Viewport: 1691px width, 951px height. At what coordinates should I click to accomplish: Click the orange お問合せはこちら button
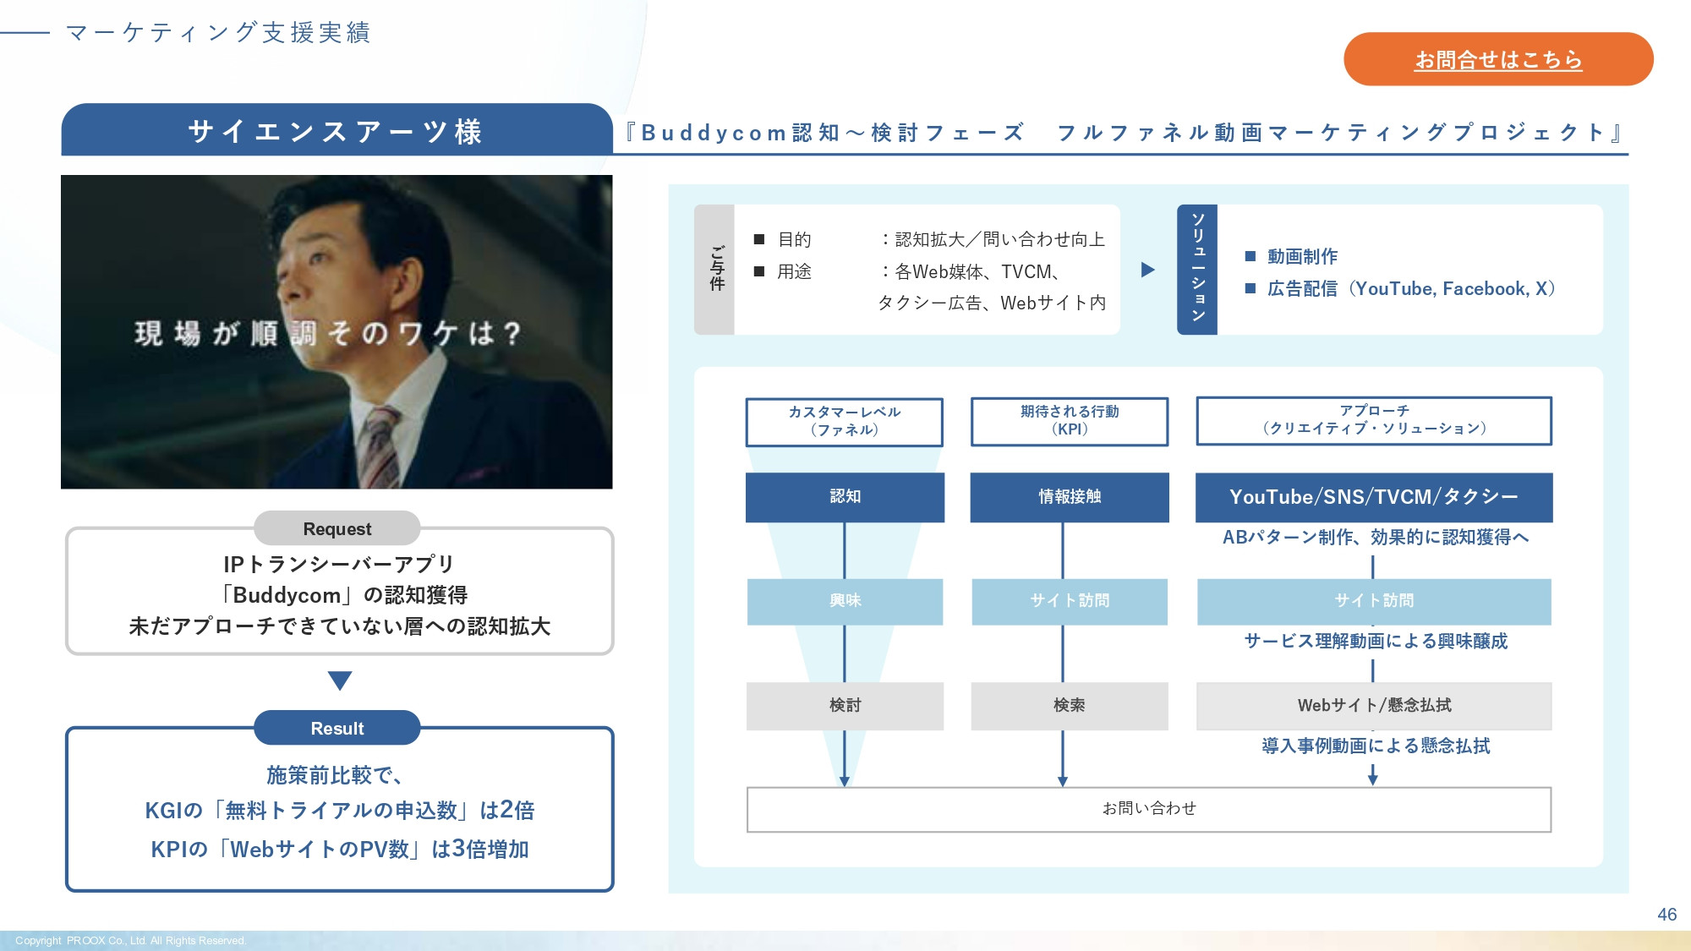pyautogui.click(x=1497, y=59)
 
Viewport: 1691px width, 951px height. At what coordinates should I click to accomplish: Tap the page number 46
pyautogui.click(x=1666, y=915)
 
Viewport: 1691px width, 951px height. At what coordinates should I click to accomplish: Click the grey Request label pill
pyautogui.click(x=337, y=528)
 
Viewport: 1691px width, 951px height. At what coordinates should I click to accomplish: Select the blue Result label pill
pyautogui.click(x=337, y=728)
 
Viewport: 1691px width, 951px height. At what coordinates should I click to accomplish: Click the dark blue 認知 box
pyautogui.click(x=845, y=497)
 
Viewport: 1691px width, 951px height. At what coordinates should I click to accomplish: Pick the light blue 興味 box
pyautogui.click(x=845, y=601)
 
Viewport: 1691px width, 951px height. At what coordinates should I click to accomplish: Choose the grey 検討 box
pyautogui.click(x=845, y=706)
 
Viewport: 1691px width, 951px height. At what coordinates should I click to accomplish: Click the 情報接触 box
pyautogui.click(x=1070, y=497)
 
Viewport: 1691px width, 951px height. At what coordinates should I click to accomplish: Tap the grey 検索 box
pyautogui.click(x=1070, y=706)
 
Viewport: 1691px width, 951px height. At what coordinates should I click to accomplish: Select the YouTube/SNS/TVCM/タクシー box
pyautogui.click(x=1373, y=497)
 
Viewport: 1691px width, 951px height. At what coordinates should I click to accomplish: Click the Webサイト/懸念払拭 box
pyautogui.click(x=1373, y=706)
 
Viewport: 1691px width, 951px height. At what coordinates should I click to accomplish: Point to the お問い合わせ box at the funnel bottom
pyautogui.click(x=1148, y=809)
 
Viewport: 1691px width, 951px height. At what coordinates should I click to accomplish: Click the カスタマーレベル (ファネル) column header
pyautogui.click(x=844, y=422)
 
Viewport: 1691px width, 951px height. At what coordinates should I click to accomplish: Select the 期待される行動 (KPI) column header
pyautogui.click(x=1070, y=421)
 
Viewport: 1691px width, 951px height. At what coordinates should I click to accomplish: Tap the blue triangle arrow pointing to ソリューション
pyautogui.click(x=1147, y=270)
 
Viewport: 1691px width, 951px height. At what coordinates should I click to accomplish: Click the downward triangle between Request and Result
pyautogui.click(x=339, y=680)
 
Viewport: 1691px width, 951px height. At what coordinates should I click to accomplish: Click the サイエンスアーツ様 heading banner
pyautogui.click(x=337, y=131)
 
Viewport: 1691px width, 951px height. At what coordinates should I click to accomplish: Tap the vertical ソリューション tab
pyautogui.click(x=1197, y=269)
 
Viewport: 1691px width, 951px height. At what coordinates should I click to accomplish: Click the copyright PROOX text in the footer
pyautogui.click(x=130, y=941)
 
